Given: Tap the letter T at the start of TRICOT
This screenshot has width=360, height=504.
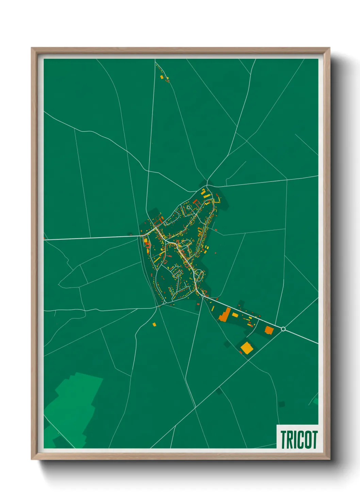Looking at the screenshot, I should click(x=283, y=440).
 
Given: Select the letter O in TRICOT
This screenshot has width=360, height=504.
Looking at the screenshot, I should click(x=309, y=440).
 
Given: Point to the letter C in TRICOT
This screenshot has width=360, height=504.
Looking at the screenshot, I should click(x=301, y=440).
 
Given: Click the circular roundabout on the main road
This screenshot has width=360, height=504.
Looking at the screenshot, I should click(x=283, y=329).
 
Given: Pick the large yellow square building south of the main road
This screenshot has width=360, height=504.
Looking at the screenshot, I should click(x=247, y=348).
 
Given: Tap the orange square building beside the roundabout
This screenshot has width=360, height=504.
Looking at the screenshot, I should click(x=269, y=330).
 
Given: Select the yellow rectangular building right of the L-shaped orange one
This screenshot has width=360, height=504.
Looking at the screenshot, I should click(x=235, y=315).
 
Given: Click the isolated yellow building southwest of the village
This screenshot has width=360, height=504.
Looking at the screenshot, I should click(x=154, y=324).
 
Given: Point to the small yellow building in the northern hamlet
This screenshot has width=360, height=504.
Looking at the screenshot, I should click(x=162, y=77).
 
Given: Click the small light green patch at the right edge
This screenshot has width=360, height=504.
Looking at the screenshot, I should click(x=316, y=401).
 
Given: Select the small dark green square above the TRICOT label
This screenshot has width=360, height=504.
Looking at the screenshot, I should click(x=281, y=404).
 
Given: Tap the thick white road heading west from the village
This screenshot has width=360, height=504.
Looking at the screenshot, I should click(x=92, y=237).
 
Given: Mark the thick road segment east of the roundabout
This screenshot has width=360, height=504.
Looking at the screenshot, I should click(x=301, y=336).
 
